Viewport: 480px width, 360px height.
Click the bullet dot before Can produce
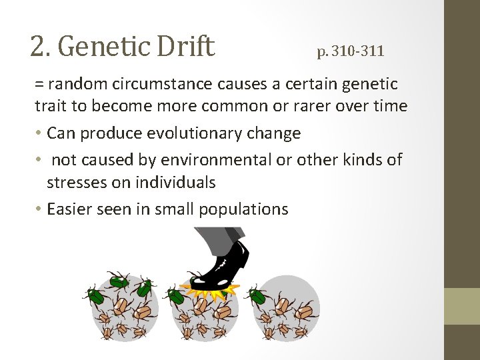(39, 134)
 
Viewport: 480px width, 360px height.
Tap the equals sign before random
(39, 85)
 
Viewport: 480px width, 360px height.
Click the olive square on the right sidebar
(462, 306)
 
